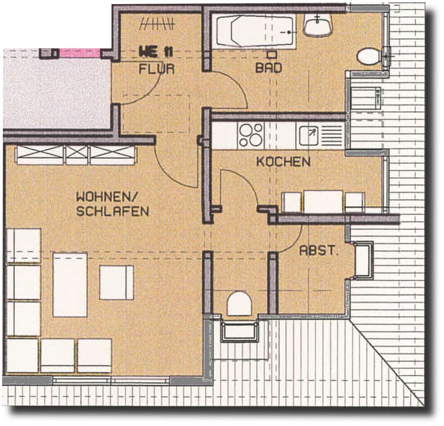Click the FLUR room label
click(156, 69)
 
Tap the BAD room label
click(268, 68)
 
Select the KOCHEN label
click(283, 162)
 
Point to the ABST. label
click(318, 250)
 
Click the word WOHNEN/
click(109, 197)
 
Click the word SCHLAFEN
click(112, 211)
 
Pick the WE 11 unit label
click(156, 52)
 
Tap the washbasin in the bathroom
click(318, 25)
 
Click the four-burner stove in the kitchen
click(250, 135)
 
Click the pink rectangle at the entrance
click(80, 53)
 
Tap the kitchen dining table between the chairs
click(323, 202)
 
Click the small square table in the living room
click(116, 282)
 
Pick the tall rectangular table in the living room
click(70, 285)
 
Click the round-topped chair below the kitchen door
click(240, 304)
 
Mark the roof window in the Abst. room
click(363, 260)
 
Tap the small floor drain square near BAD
click(271, 54)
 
